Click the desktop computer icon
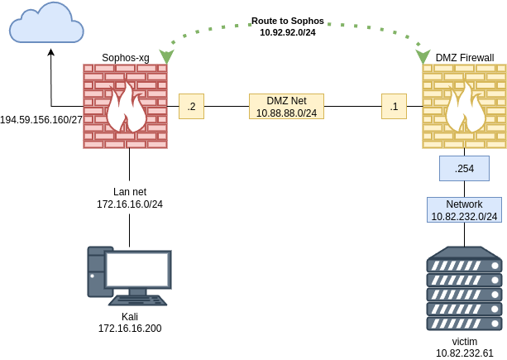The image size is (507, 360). coord(129,276)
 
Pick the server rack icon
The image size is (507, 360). coord(464,288)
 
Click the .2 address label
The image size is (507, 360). coord(191,106)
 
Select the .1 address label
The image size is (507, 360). coord(394,106)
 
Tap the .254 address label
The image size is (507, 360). coord(464,168)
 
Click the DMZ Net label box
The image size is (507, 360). coord(286,106)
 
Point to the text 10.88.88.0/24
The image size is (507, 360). coord(286,113)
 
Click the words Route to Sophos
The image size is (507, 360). coord(288,20)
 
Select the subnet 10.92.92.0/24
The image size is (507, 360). coord(288,31)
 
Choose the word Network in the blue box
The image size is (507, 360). coord(464,204)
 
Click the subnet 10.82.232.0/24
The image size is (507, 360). coord(464,216)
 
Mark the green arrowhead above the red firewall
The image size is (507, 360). coord(166,56)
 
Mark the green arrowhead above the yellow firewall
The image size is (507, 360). coord(423,56)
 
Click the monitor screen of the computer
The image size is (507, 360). coord(137,269)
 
